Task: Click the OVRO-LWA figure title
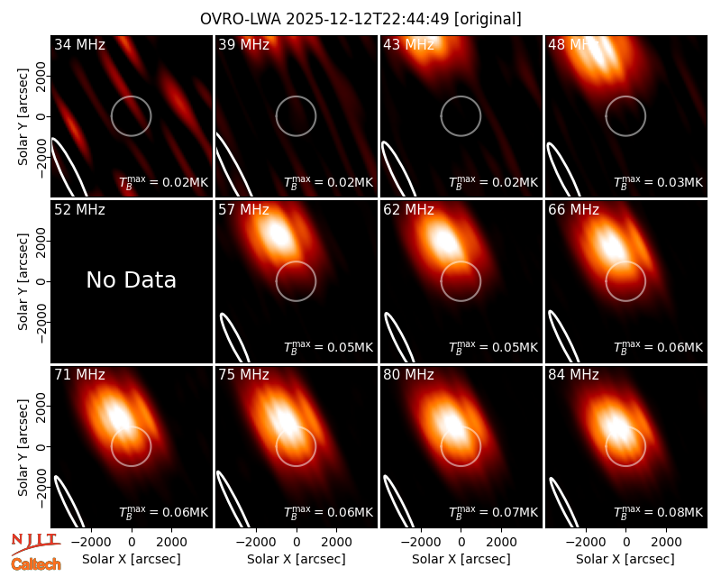coord(360,19)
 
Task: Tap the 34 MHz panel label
coord(79,44)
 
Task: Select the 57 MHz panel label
coord(243,210)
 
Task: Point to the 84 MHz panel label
coord(573,375)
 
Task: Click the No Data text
coord(131,279)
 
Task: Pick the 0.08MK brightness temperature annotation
coord(659,511)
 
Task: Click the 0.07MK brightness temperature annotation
coord(493,511)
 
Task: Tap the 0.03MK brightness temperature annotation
coord(659,182)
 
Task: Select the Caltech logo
coord(36,564)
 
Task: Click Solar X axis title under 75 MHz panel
coord(297,559)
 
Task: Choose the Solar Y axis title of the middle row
coord(23,281)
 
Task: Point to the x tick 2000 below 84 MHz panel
coord(666,543)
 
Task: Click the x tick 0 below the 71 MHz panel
coord(132,543)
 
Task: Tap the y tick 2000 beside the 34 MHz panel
coord(41,76)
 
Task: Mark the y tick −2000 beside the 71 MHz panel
coord(41,487)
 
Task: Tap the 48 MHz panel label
coord(573,44)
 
